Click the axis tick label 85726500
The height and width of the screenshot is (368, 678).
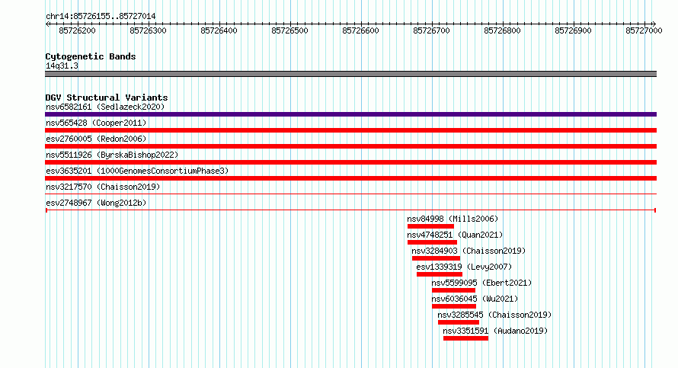click(289, 30)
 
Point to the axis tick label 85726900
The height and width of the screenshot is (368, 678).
click(573, 30)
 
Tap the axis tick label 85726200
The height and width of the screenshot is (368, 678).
click(77, 30)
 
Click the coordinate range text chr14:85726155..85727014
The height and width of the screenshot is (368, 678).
click(101, 17)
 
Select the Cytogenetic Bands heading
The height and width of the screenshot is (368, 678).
click(91, 56)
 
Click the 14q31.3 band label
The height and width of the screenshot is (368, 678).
click(62, 66)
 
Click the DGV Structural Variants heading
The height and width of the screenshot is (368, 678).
click(107, 98)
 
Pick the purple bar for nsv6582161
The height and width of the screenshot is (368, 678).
click(350, 114)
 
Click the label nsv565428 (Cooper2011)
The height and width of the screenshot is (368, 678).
click(96, 123)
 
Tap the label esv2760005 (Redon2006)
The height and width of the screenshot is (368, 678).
click(96, 139)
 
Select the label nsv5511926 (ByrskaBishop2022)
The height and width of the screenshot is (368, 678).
click(112, 155)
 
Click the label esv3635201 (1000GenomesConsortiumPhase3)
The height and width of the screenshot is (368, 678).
click(137, 171)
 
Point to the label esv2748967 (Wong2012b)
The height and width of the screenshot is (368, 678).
click(96, 203)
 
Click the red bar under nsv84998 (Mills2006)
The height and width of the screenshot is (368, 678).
click(430, 226)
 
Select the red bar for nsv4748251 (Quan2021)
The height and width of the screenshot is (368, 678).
click(432, 242)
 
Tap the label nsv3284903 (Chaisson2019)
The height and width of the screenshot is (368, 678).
click(469, 251)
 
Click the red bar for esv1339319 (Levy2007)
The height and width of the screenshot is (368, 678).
click(440, 274)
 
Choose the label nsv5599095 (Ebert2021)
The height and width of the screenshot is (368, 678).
click(481, 283)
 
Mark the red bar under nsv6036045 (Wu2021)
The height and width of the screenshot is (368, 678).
click(454, 306)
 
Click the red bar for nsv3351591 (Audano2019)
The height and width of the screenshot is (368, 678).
click(465, 338)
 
